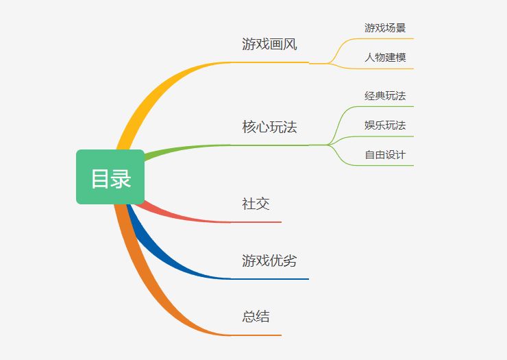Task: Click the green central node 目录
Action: point(110,177)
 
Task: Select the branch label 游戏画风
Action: point(269,44)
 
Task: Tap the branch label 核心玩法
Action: point(269,127)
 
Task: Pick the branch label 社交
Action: point(256,204)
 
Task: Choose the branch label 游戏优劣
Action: point(269,261)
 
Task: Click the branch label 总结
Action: point(256,316)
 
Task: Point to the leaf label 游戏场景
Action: point(385,28)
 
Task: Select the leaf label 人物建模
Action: point(385,58)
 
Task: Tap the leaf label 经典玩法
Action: point(385,96)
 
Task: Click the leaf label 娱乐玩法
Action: point(385,125)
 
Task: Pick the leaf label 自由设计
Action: point(385,155)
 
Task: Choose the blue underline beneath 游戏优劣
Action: point(270,278)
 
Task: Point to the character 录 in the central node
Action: point(121,179)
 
